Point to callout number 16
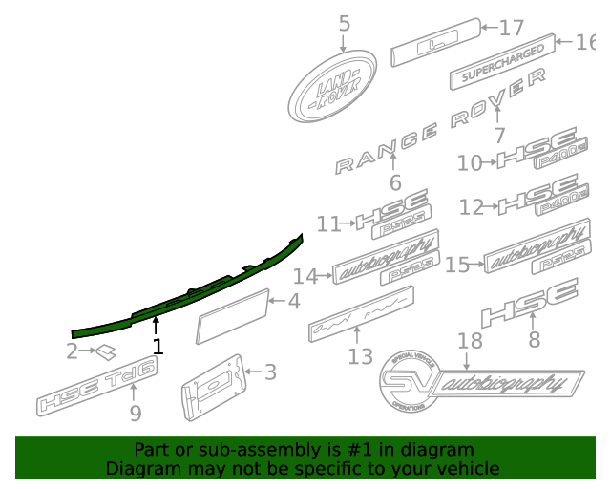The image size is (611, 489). pos(584,41)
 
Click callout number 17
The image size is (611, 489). pos(512,28)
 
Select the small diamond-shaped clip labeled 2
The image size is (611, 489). pos(105,352)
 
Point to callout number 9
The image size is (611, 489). pos(136,413)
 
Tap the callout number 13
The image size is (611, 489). pos(360,356)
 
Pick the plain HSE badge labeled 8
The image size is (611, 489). pos(529,303)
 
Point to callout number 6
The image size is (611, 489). pos(395,182)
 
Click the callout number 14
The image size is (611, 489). pos(305,276)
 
